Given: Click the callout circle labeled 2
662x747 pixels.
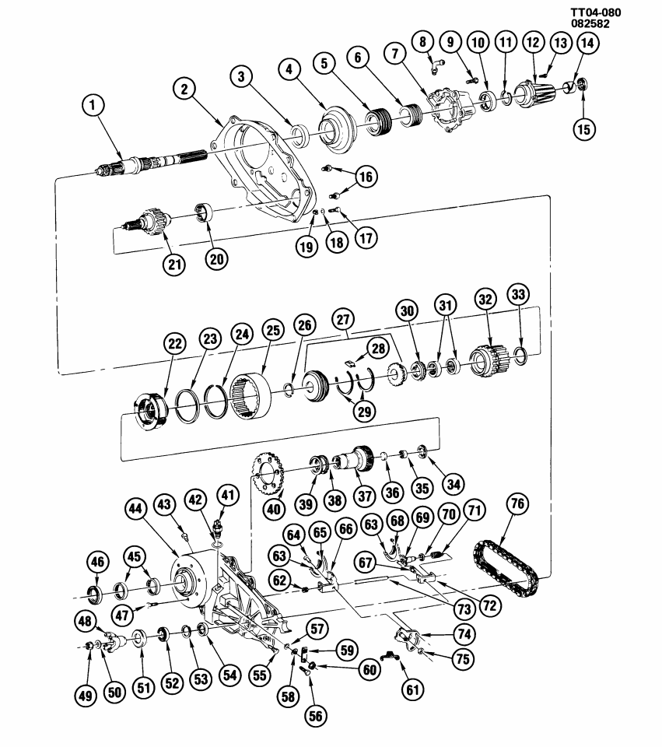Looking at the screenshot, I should (x=184, y=89).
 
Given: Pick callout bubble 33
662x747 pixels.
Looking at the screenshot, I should (x=519, y=295).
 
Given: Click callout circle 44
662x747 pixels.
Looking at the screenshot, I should (x=138, y=509).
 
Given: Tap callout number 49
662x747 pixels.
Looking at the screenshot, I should (x=86, y=695).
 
